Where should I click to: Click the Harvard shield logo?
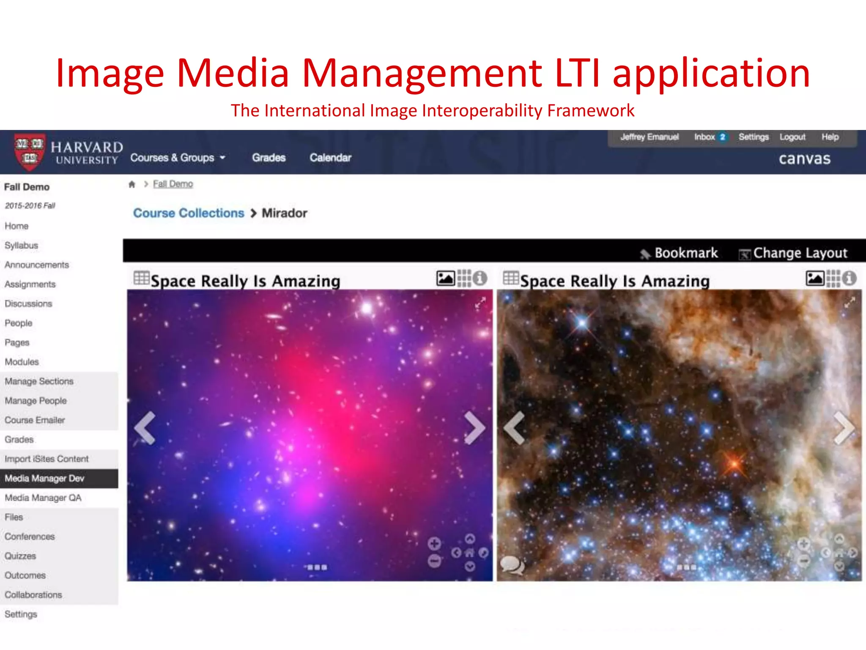pyautogui.click(x=29, y=152)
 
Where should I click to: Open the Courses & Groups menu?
pyautogui.click(x=178, y=158)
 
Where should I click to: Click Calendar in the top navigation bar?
pyautogui.click(x=330, y=158)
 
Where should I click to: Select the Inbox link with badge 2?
pyautogui.click(x=710, y=137)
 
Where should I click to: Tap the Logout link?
pyautogui.click(x=792, y=137)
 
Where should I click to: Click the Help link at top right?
pyautogui.click(x=830, y=137)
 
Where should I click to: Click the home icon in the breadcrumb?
pyautogui.click(x=132, y=185)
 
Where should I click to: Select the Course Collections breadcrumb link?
pyautogui.click(x=189, y=213)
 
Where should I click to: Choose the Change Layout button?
pyautogui.click(x=793, y=253)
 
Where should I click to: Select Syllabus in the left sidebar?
pyautogui.click(x=22, y=245)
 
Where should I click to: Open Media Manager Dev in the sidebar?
pyautogui.click(x=44, y=479)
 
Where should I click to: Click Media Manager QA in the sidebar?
pyautogui.click(x=43, y=498)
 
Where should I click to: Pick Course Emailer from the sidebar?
pyautogui.click(x=35, y=420)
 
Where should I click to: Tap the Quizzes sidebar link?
pyautogui.click(x=20, y=556)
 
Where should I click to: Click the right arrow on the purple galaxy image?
pyautogui.click(x=474, y=428)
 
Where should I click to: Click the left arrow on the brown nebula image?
pyautogui.click(x=515, y=428)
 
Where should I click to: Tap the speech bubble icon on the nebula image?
pyautogui.click(x=512, y=565)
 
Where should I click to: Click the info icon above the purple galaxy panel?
pyautogui.click(x=480, y=278)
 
